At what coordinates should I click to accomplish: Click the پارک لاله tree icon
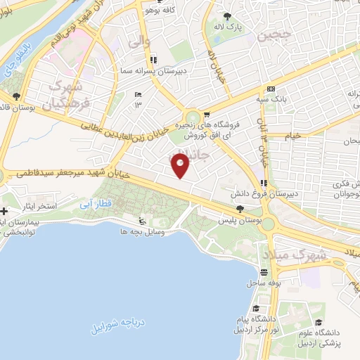[x=226, y=15]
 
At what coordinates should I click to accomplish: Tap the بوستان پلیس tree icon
[x=241, y=209]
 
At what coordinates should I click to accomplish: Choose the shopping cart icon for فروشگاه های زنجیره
[x=207, y=114]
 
